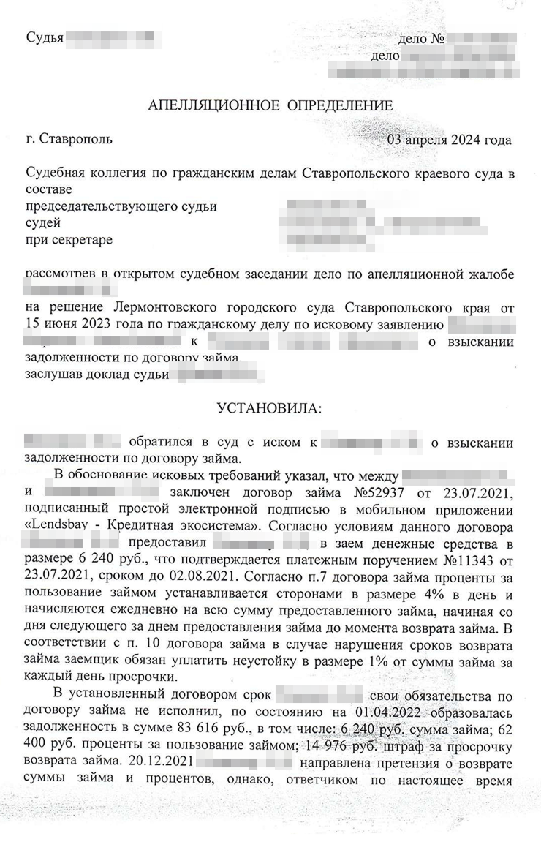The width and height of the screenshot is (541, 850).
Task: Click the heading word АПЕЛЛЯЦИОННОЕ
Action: tap(212, 105)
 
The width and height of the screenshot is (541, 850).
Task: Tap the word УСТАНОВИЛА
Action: tap(269, 408)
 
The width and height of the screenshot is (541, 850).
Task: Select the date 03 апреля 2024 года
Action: tap(449, 140)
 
